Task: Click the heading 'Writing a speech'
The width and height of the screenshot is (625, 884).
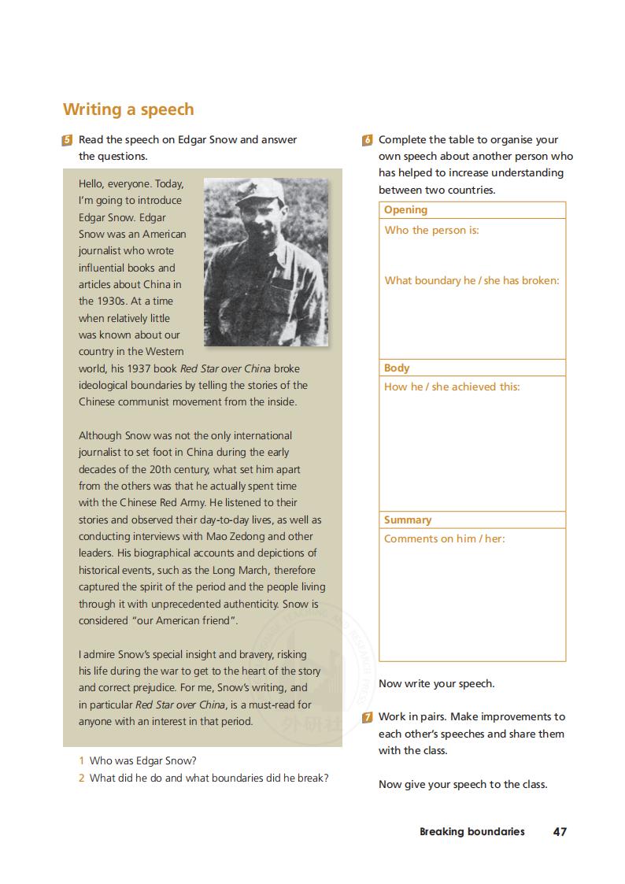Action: (128, 109)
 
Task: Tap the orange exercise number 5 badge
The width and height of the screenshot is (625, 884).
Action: (68, 140)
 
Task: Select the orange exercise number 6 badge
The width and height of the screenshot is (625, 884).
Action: (368, 140)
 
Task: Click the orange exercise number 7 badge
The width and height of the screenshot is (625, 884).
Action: (368, 717)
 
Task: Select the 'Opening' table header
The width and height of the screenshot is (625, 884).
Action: (405, 210)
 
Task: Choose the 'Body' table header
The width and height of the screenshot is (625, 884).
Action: (397, 368)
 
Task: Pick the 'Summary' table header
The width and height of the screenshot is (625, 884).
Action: (408, 520)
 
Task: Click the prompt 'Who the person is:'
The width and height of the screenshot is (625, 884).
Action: (431, 231)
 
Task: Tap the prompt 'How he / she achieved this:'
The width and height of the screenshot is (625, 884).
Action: (452, 387)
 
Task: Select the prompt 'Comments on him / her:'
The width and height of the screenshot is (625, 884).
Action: (445, 538)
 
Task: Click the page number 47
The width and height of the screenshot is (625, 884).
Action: (560, 831)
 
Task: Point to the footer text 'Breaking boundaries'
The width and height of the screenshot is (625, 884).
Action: (472, 831)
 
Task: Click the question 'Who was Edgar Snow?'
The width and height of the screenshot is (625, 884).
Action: (142, 760)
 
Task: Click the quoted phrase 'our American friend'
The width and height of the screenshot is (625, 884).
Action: (185, 620)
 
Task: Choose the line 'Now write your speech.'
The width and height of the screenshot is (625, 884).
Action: (436, 683)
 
